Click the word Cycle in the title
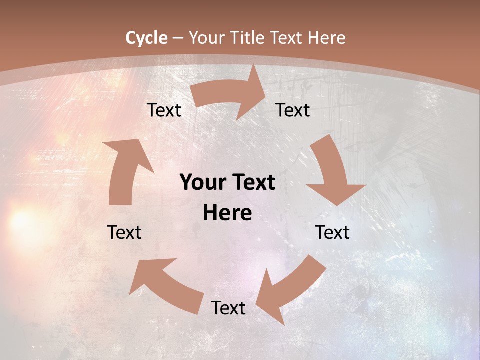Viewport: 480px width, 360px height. point(146,38)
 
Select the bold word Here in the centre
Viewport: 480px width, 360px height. point(227,213)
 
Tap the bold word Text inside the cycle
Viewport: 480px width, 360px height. point(252,183)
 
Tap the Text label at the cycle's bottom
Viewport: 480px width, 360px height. point(228,308)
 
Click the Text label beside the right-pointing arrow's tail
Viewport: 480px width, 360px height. point(164,110)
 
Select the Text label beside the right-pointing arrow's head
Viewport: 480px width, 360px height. point(293,110)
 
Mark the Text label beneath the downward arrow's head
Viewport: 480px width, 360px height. point(332,232)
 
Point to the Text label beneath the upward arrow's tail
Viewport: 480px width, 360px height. point(124,232)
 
